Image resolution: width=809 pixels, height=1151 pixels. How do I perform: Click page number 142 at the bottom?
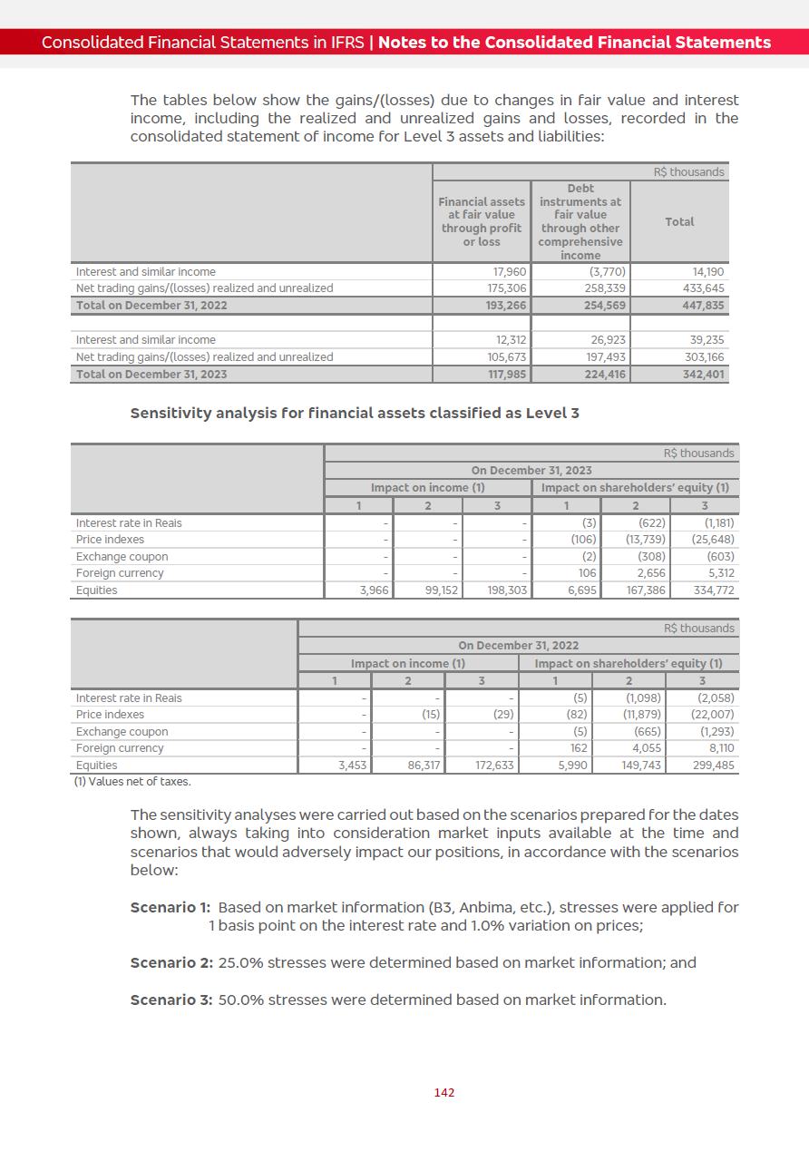click(444, 1093)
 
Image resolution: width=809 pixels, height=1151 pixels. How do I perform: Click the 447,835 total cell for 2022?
click(703, 306)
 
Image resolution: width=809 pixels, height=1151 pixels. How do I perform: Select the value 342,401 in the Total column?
click(703, 374)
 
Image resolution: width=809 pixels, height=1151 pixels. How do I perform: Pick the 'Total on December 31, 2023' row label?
click(151, 374)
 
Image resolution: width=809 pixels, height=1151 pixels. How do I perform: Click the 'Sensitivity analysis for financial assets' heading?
click(355, 414)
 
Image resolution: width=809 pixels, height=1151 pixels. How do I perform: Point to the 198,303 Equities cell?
click(506, 590)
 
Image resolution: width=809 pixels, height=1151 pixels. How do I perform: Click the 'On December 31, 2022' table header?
click(518, 646)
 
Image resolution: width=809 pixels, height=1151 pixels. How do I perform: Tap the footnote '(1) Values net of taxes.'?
click(132, 782)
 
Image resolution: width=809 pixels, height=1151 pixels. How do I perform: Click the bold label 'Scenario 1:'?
click(171, 908)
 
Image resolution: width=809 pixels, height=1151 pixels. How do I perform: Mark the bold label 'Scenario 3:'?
click(171, 1000)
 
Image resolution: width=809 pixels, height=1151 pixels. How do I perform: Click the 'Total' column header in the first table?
click(679, 221)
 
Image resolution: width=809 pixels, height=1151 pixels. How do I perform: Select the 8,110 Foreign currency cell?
click(717, 748)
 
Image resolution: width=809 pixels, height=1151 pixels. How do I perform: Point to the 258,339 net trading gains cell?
click(603, 288)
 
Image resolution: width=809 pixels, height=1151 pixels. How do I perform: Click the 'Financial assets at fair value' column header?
click(482, 221)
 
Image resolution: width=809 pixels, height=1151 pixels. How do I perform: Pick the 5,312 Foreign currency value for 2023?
click(717, 573)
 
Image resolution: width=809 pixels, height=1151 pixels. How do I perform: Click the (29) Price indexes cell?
click(502, 715)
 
